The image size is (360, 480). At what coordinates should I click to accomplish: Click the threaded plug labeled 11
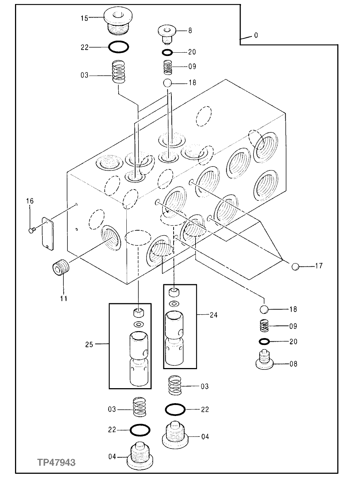[x=58, y=270]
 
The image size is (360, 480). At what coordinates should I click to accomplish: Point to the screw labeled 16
[x=32, y=230]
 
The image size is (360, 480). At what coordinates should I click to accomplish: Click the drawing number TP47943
[x=56, y=462]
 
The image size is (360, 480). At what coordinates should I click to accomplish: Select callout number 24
[x=213, y=315]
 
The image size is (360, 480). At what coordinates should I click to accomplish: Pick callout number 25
[x=89, y=344]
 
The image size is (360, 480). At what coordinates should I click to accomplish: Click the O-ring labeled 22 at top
[x=118, y=47]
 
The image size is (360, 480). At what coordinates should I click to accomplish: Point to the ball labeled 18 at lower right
[x=264, y=309]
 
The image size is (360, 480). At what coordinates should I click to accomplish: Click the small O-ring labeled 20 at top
[x=167, y=52]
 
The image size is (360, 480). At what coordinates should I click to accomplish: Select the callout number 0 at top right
[x=256, y=35]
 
